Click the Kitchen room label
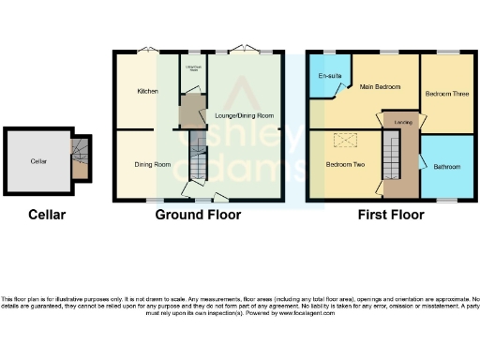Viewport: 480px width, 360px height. tap(147, 91)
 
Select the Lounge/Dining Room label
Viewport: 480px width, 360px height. tap(244, 115)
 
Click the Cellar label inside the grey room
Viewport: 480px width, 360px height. tap(38, 161)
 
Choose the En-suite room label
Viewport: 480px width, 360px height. tap(329, 75)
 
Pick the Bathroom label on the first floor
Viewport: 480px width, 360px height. tap(446, 167)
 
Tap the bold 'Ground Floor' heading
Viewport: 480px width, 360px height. tap(198, 215)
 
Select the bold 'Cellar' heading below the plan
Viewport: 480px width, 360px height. tap(46, 215)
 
